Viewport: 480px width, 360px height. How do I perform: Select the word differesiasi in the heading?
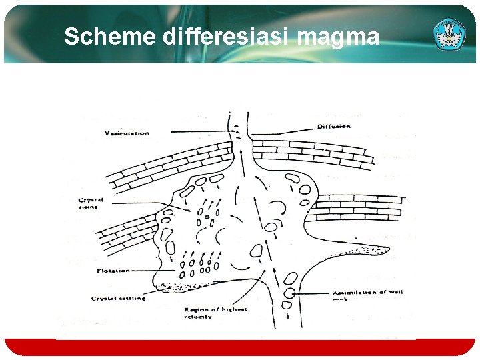coord(227,37)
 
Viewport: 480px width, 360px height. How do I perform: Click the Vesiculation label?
coord(127,133)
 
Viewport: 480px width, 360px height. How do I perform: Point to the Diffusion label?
coord(333,126)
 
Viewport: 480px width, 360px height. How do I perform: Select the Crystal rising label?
coord(91,203)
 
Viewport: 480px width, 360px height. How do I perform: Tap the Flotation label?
coord(113,271)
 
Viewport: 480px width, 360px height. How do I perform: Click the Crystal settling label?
coord(118,299)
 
